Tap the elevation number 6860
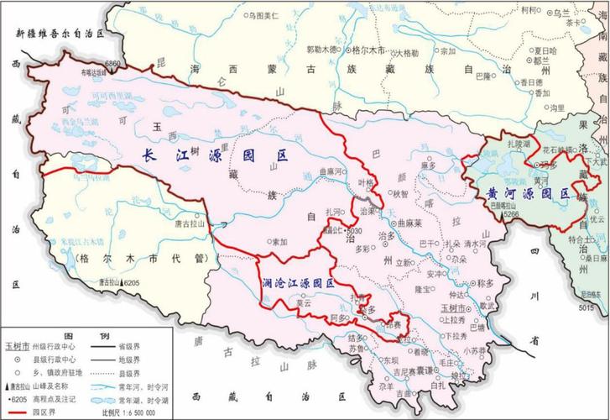[113, 64]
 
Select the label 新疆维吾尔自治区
[58, 34]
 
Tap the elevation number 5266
[513, 215]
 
